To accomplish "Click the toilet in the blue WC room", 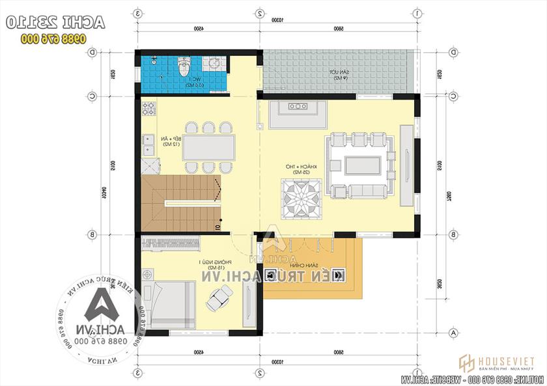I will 184,66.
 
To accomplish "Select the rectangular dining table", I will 208,147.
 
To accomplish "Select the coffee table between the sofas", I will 362,165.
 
